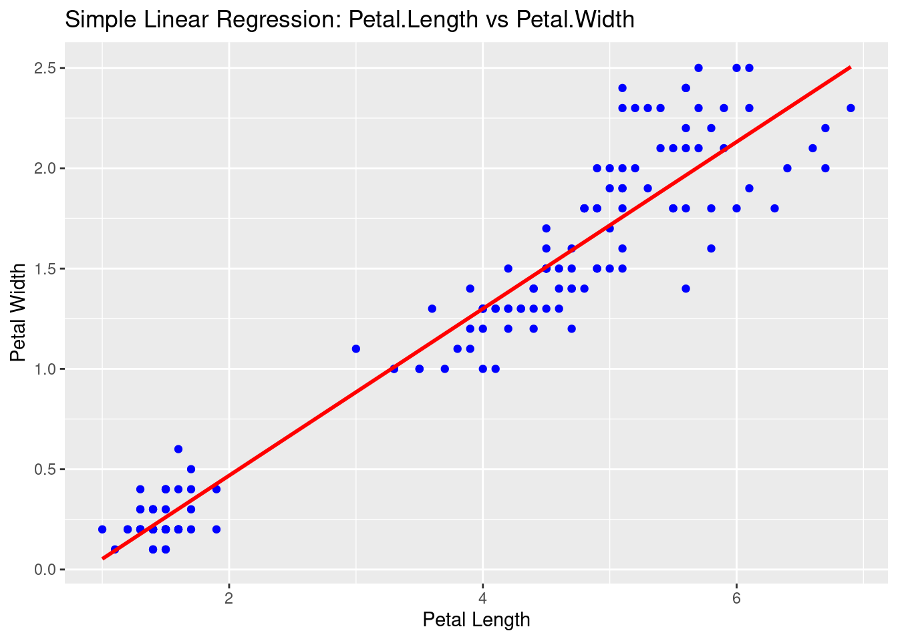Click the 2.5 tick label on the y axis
(46, 68)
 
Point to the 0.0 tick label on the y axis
(46, 570)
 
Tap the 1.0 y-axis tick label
(46, 369)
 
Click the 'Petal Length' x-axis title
(476, 620)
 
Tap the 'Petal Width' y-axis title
(19, 312)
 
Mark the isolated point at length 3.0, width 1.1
(356, 349)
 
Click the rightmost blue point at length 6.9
(851, 108)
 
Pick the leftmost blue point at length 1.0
(102, 529)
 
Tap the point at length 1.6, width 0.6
(178, 449)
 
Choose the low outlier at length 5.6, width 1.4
(686, 288)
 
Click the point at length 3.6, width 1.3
(432, 308)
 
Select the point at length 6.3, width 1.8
(774, 208)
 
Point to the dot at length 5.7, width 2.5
(698, 67)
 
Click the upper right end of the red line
(850, 67)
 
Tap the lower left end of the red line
(103, 558)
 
